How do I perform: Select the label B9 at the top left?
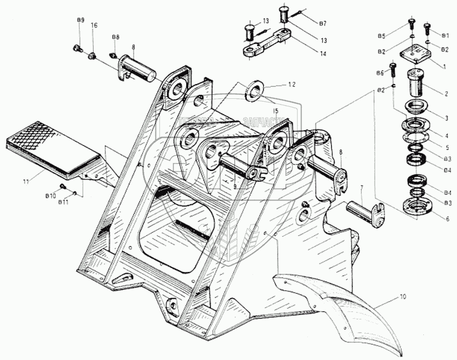point(81,21)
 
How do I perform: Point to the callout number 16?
point(94,26)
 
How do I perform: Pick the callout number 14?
point(323,54)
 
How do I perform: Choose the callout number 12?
point(292,84)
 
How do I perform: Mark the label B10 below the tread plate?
point(51,195)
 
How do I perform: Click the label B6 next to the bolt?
point(380,73)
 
